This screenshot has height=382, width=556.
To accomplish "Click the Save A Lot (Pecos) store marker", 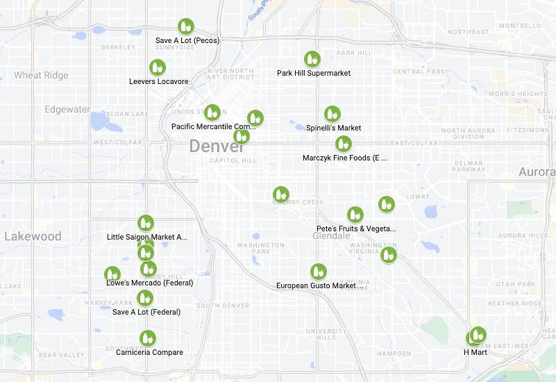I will click(x=185, y=27).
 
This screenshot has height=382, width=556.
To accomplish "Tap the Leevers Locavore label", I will click(x=159, y=81).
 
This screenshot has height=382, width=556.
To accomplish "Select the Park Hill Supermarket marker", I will click(x=312, y=60).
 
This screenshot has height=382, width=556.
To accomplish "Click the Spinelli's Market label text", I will click(x=333, y=128).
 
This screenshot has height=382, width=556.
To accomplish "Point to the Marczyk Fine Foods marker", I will click(x=343, y=144).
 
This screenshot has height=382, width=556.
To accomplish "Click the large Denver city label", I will click(x=217, y=147).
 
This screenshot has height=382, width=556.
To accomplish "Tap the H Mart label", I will click(x=475, y=352).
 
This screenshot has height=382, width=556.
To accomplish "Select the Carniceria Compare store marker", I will click(x=146, y=339).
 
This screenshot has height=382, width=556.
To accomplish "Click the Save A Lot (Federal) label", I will click(x=146, y=312).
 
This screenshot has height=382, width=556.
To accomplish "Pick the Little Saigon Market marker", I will click(x=145, y=223).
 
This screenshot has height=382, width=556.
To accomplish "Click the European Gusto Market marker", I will click(x=318, y=272).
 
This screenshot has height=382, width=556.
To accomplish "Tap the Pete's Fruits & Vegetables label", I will click(x=355, y=229).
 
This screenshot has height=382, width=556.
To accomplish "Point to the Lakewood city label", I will click(x=33, y=236).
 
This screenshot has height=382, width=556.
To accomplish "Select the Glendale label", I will click(x=331, y=236).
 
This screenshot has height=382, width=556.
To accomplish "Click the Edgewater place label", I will click(x=67, y=109).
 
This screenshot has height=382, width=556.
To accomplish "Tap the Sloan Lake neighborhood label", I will click(x=127, y=113).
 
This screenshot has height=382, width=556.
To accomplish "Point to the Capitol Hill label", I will click(x=233, y=160).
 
